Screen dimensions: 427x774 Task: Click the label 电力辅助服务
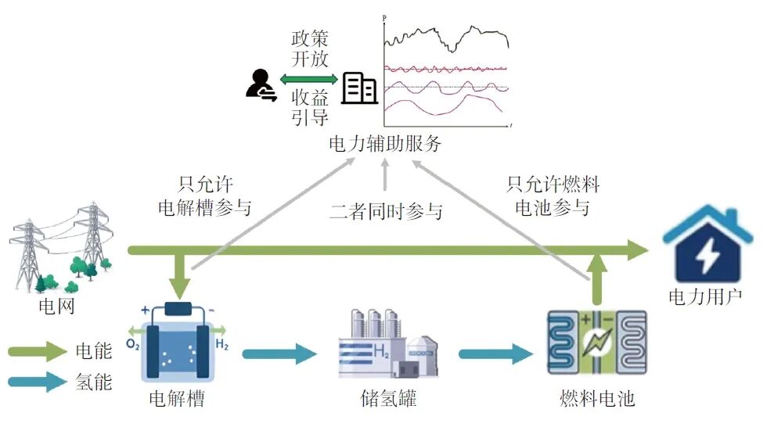[x=386, y=144]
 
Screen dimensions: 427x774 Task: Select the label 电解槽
[x=179, y=399]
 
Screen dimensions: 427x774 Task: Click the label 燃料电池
[x=597, y=399]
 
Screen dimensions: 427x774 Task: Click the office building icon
[x=360, y=88]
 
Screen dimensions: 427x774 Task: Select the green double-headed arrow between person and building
[x=309, y=79]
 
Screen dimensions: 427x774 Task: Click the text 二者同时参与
[x=386, y=210]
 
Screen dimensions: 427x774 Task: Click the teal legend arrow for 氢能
[x=38, y=382]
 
